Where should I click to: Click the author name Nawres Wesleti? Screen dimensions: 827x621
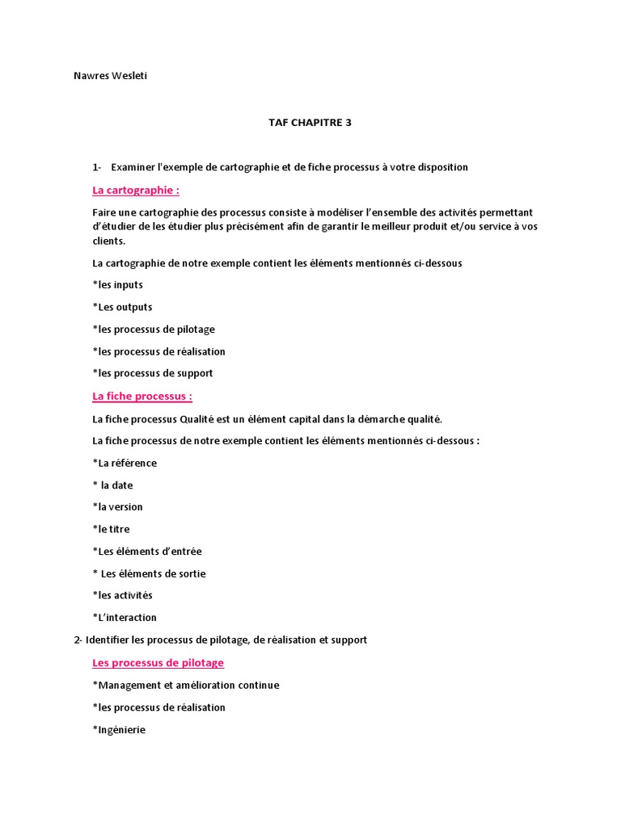[110, 77]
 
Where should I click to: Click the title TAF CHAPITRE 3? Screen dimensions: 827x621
[310, 123]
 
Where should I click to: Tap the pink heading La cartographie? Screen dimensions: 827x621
[136, 191]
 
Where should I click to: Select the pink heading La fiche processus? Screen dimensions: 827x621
[142, 397]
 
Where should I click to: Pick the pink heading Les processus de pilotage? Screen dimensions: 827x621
[158, 663]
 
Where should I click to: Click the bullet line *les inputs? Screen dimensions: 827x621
[118, 285]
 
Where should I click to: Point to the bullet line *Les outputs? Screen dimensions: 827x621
[123, 307]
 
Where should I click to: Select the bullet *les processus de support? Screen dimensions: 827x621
[153, 373]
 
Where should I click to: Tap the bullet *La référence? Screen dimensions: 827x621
[125, 463]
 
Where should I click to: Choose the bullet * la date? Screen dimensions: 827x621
[113, 485]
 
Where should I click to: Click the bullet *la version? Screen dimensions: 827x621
[118, 507]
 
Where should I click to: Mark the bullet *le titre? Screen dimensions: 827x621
[112, 529]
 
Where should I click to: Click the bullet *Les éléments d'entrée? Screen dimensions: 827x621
[148, 552]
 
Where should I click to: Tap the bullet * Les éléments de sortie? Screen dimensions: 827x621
[150, 573]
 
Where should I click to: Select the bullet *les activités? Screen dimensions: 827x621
[123, 595]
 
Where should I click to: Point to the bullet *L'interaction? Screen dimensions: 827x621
[125, 618]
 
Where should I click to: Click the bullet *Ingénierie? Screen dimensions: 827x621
[120, 729]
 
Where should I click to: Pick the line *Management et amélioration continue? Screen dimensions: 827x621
[186, 685]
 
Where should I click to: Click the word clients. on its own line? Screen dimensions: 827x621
[109, 241]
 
